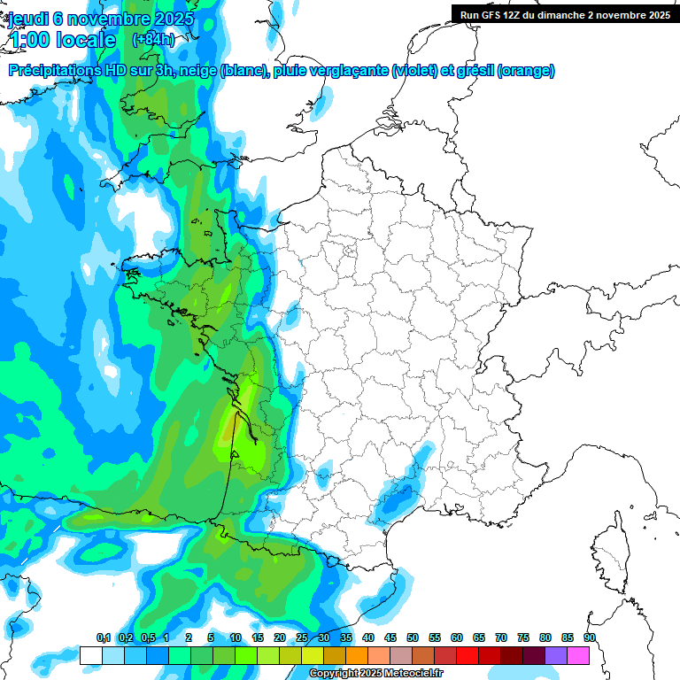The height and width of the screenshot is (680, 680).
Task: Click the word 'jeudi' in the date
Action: pos(27,19)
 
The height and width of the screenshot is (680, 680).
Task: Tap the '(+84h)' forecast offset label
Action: pos(153,40)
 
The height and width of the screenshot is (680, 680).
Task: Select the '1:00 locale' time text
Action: pos(62,40)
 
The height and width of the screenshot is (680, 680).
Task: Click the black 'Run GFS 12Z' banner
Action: pos(565,15)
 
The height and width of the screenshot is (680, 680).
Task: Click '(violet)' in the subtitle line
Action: pos(415,71)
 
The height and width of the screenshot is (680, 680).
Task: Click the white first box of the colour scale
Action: pos(90,655)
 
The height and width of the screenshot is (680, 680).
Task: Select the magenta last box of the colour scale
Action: pos(578,655)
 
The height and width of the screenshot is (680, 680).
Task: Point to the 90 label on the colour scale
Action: pos(589,637)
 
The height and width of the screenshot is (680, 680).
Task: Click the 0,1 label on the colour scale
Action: pos(103,637)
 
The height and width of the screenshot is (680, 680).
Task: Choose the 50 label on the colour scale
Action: pos(413,637)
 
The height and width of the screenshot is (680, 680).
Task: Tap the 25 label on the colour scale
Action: pos(302,637)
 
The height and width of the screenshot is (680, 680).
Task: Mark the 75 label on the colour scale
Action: pos(522,637)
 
